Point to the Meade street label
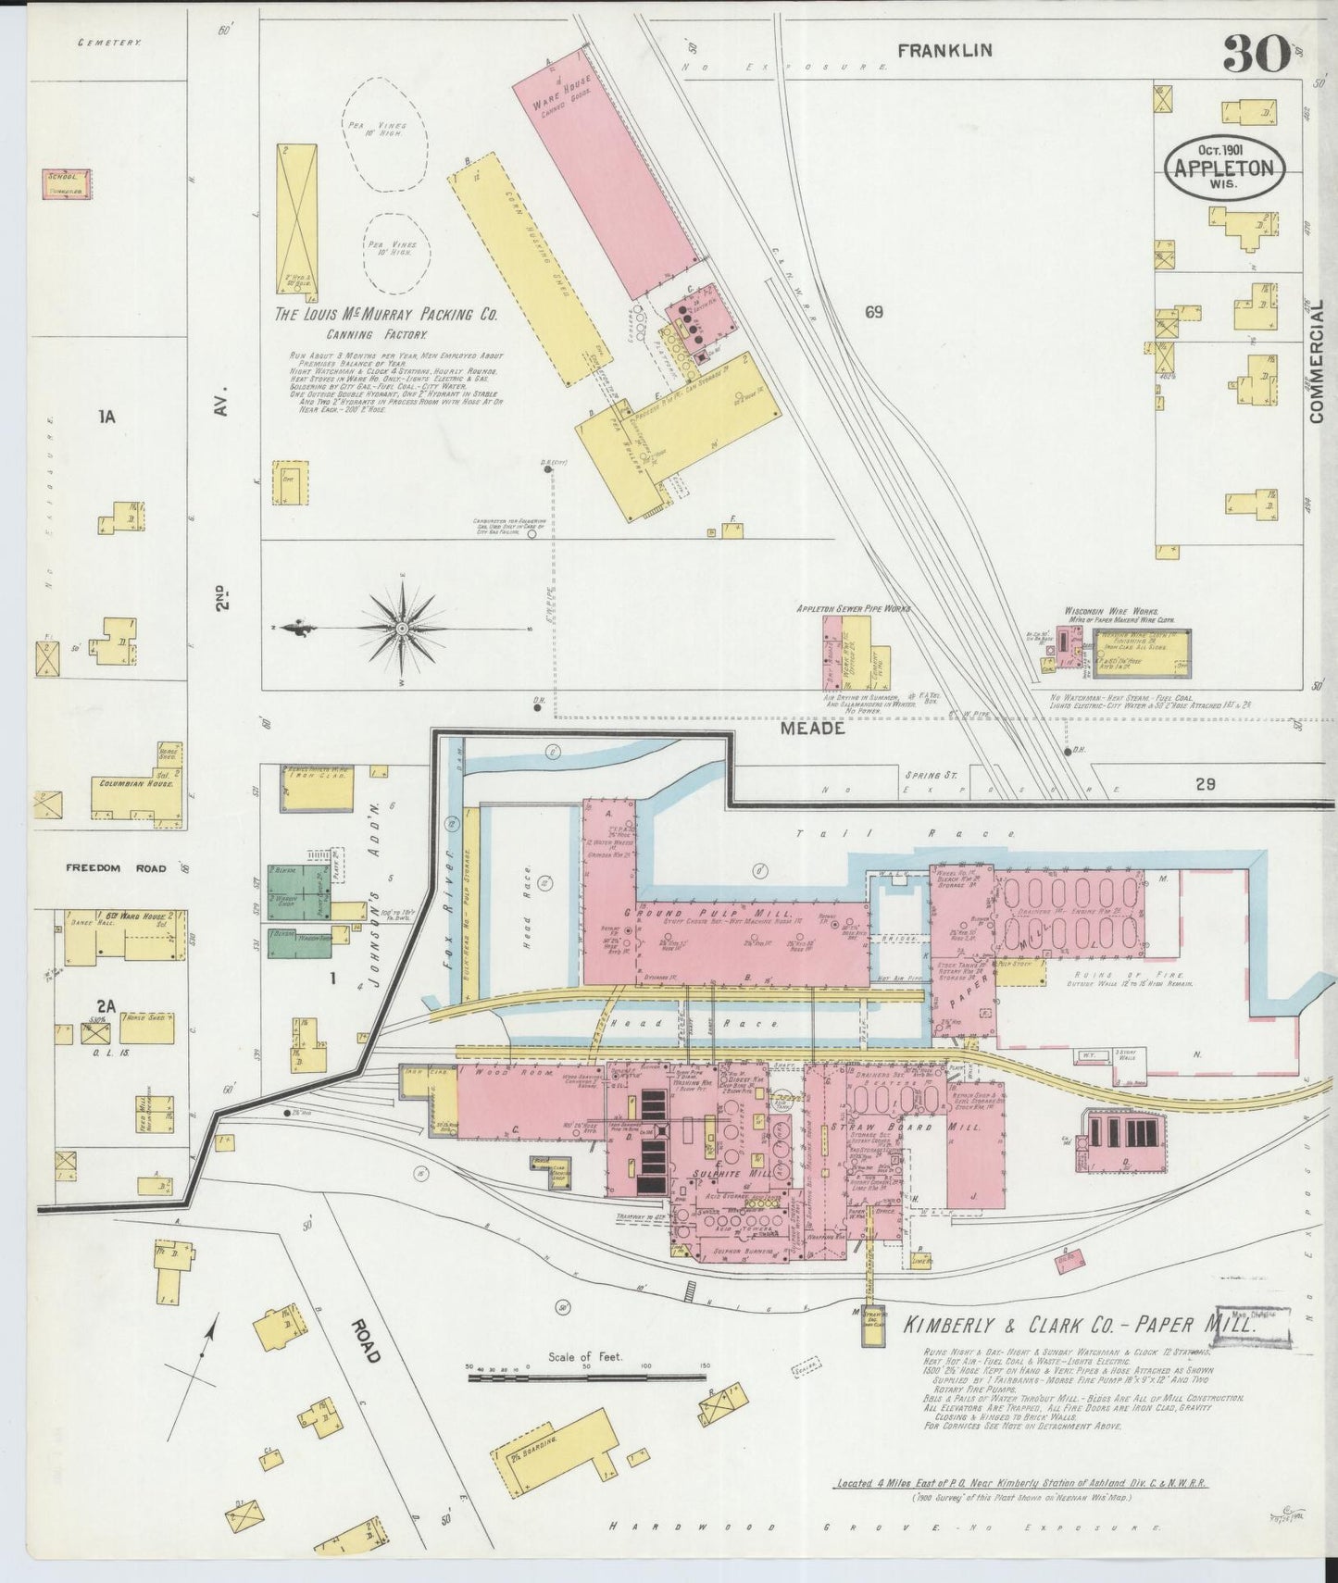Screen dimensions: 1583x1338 tap(811, 729)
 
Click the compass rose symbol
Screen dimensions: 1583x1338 tap(402, 629)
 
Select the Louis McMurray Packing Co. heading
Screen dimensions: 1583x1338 tap(385, 315)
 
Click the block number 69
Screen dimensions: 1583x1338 tap(873, 312)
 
